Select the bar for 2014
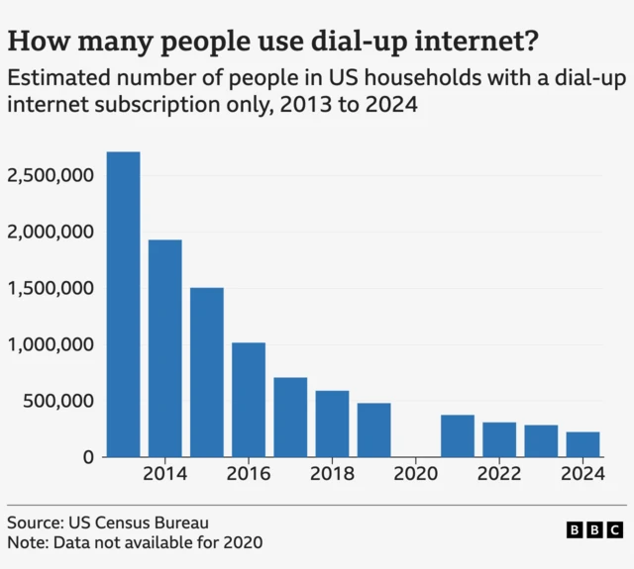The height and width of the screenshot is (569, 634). pos(164,348)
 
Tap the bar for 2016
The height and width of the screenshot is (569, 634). pos(249,400)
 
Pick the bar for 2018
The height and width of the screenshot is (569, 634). pos(332,424)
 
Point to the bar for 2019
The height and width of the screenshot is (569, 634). pos(373,429)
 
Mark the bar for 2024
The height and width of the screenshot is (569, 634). pos(582,444)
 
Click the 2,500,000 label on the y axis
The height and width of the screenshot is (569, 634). pos(51,176)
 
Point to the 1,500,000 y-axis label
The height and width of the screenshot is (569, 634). pos(51,289)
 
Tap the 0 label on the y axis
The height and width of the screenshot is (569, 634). pos(88,458)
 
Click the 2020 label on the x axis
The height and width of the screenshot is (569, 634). pos(416,474)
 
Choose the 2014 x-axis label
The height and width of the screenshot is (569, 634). pos(164,474)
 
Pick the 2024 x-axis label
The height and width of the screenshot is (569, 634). pos(582,474)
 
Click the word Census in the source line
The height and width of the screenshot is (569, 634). pos(127,522)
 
